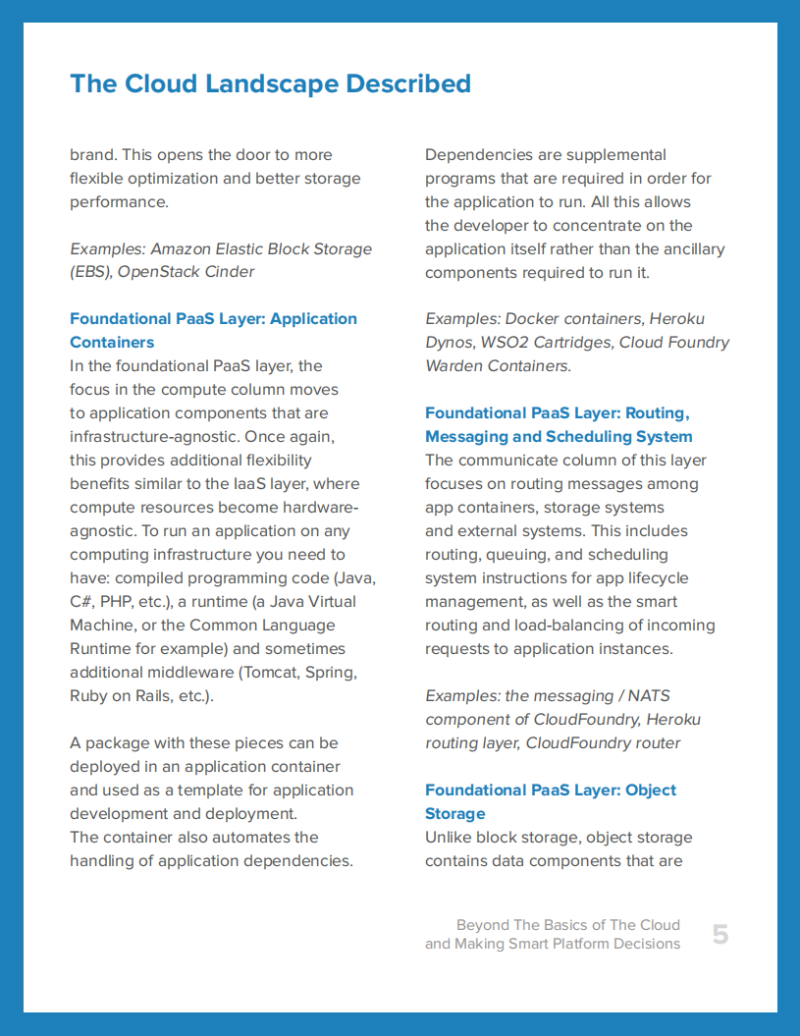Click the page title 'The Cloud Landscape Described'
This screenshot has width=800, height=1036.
point(270,83)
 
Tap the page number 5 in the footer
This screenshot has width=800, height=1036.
point(720,935)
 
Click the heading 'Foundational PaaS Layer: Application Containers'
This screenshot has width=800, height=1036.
point(213,330)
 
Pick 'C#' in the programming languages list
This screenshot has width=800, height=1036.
point(82,602)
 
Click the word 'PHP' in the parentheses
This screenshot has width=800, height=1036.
point(128,602)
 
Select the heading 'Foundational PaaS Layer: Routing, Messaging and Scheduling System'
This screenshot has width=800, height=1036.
point(558,424)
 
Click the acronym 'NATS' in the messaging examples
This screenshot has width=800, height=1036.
point(649,696)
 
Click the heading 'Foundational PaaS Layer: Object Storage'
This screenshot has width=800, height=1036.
point(550,801)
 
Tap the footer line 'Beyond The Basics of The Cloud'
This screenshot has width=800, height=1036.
point(567,925)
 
